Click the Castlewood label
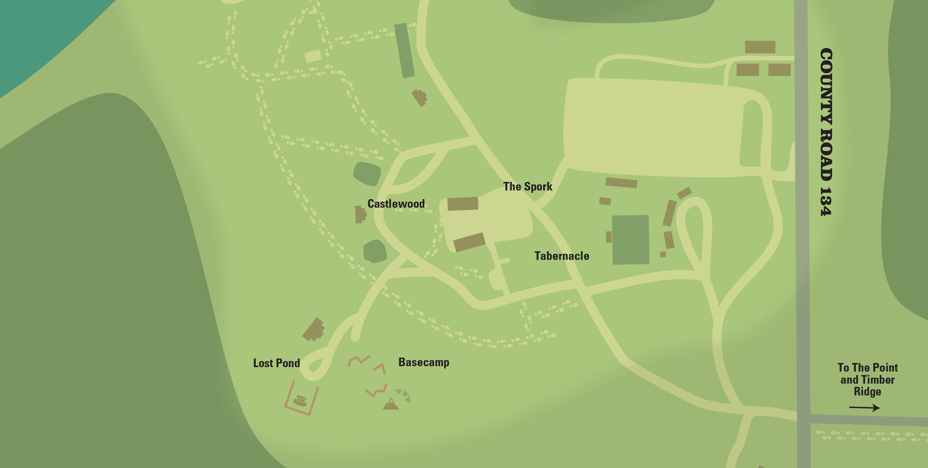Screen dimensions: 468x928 click(396, 204)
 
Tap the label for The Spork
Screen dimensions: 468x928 click(527, 187)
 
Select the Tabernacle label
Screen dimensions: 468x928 click(561, 256)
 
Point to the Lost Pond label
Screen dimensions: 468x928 click(276, 363)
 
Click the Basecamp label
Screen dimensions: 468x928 click(423, 362)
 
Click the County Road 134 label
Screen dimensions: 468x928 click(826, 132)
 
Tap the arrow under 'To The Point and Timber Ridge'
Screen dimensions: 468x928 click(864, 408)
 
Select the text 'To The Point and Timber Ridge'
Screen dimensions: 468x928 click(867, 379)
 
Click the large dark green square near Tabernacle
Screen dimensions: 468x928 click(630, 240)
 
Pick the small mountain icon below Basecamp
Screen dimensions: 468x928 click(391, 404)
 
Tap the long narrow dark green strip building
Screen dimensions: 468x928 click(404, 50)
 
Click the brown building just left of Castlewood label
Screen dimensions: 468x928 click(360, 214)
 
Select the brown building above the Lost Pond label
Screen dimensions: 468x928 click(314, 329)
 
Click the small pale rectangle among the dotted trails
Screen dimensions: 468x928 click(313, 56)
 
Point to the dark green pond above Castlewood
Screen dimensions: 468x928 click(367, 173)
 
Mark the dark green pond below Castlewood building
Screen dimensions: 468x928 click(375, 251)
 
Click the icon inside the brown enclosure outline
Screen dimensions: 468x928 click(300, 400)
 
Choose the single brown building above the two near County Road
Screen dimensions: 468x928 click(760, 47)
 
